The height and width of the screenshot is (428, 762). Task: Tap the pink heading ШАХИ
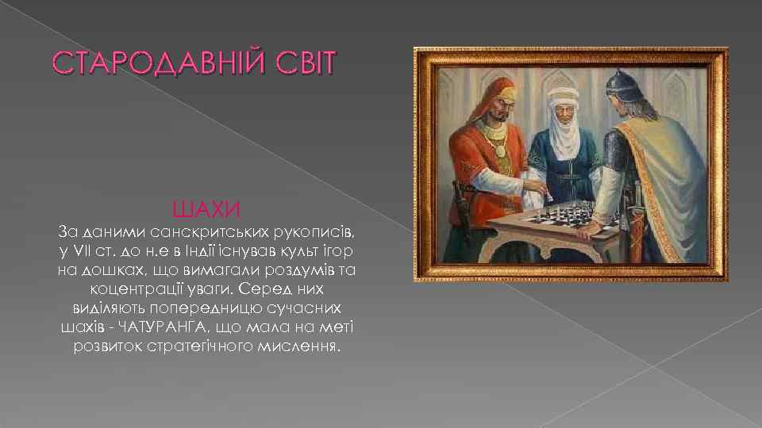coord(206,210)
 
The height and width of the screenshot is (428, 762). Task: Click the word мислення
coord(298,346)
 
